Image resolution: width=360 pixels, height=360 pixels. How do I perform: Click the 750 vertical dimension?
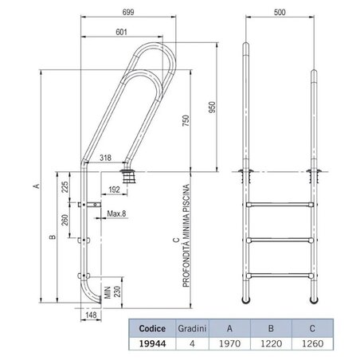pyautogui.click(x=186, y=121)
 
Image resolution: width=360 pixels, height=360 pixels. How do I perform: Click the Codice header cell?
pyautogui.click(x=152, y=326)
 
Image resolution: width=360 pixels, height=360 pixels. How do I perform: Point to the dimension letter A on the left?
pyautogui.click(x=37, y=188)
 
